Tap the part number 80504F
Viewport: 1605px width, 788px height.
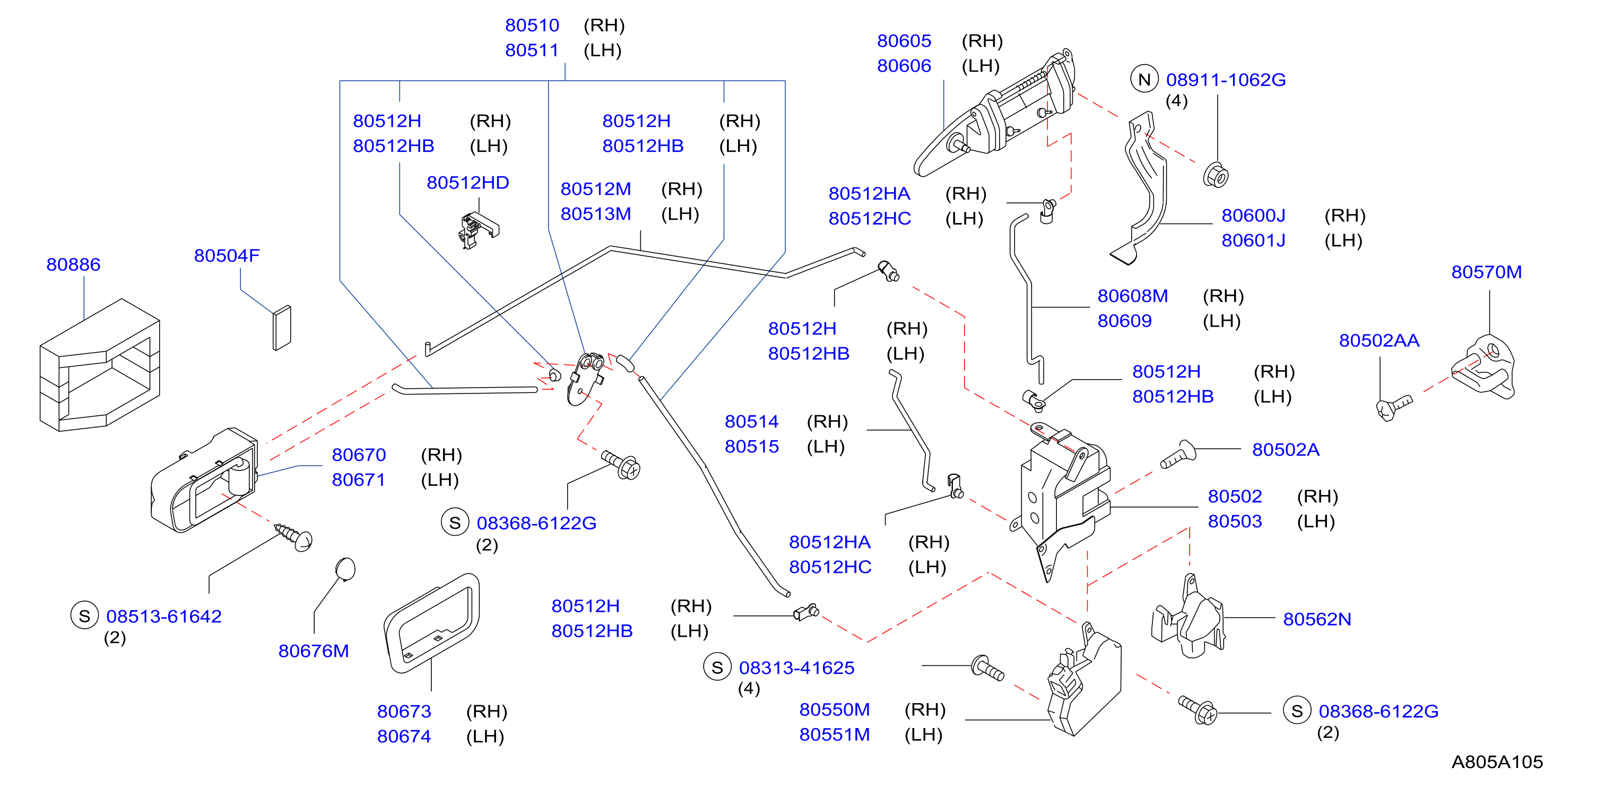[226, 255]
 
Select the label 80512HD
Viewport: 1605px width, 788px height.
[468, 183]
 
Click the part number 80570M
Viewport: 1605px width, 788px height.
[1486, 272]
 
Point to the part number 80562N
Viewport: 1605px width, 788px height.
[1316, 619]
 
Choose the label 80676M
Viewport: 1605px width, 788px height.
[314, 651]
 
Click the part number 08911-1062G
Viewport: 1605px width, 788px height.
[1226, 80]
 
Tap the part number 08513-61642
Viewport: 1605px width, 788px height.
[164, 616]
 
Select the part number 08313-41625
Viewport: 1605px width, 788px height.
[796, 667]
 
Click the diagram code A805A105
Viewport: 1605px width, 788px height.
[1497, 762]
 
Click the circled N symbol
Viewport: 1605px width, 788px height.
[1144, 79]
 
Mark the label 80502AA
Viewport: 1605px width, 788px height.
[1379, 340]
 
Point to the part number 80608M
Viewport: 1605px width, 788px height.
[1132, 296]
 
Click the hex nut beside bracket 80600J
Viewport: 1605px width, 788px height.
[1215, 175]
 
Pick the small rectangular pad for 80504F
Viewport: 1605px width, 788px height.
[282, 328]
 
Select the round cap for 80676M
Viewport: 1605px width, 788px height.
[345, 569]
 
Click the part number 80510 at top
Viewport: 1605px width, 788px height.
[532, 25]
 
